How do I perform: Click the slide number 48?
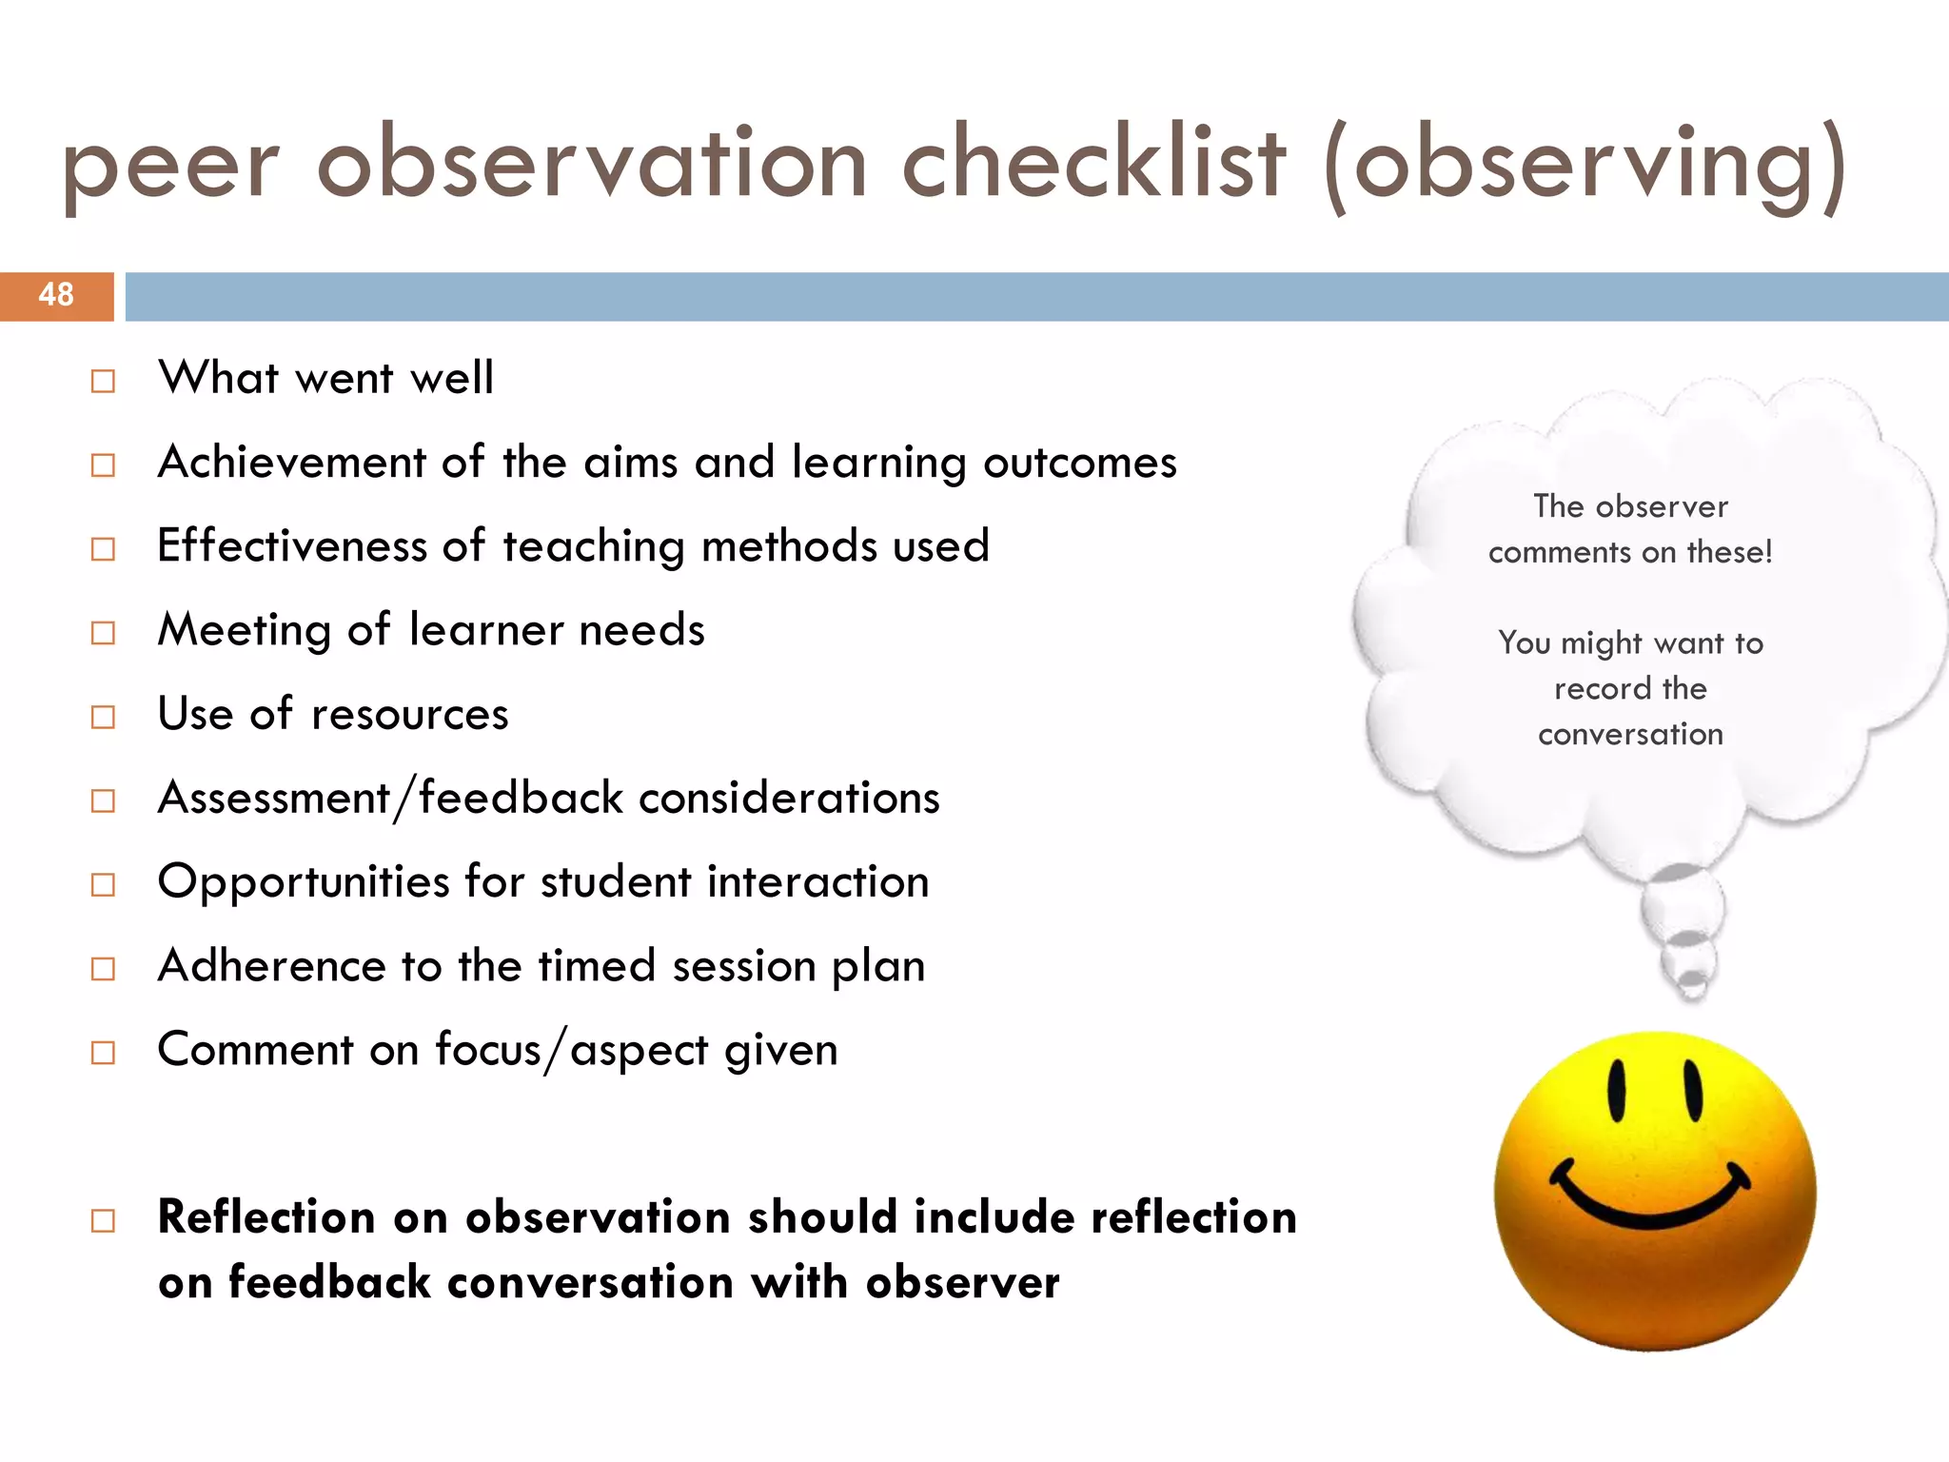click(56, 295)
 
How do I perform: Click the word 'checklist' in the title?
click(1093, 164)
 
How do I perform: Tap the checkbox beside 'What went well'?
click(103, 382)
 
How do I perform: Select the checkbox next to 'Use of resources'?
click(103, 717)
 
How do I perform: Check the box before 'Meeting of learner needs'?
click(103, 633)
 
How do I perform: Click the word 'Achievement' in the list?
click(292, 463)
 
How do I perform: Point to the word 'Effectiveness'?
click(292, 546)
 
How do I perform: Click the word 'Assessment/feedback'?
click(390, 798)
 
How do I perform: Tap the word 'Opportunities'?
click(304, 882)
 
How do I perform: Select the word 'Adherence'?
click(272, 966)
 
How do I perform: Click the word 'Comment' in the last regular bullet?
click(256, 1050)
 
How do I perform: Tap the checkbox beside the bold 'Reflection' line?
click(103, 1220)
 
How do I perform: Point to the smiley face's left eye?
click(1616, 1090)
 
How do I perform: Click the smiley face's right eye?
click(1693, 1090)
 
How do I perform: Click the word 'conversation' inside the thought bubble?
click(1630, 734)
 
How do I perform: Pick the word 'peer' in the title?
click(171, 167)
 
